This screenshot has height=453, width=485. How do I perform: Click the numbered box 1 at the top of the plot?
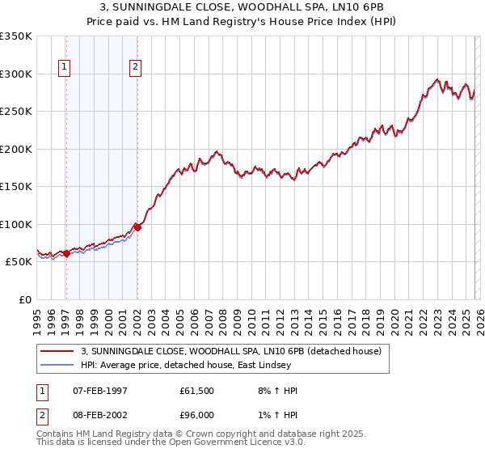tap(65, 68)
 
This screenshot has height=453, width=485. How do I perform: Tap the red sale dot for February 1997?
tap(66, 254)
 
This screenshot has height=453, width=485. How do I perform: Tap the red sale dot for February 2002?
tap(137, 228)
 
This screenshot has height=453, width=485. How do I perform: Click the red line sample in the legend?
tap(58, 351)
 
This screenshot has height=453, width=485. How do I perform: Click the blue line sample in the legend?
tap(58, 365)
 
